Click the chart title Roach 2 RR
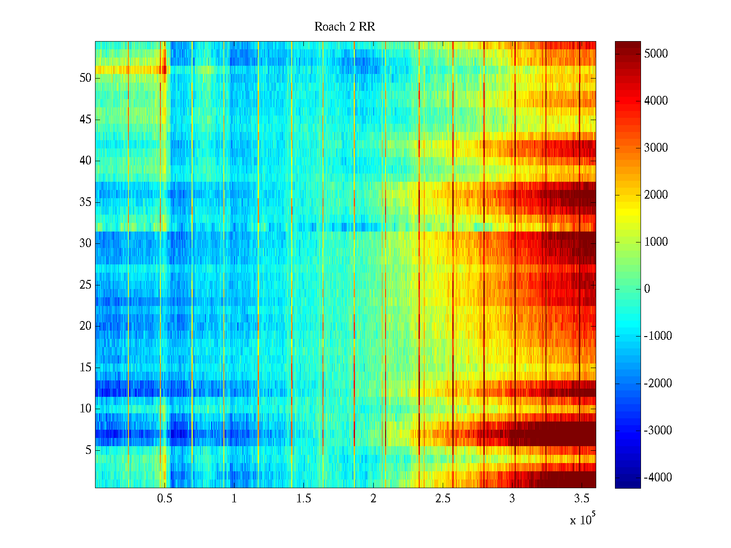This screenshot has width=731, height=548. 344,27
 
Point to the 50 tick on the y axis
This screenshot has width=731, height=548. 85,78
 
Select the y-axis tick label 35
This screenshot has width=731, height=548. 85,202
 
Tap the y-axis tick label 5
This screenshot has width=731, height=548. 88,450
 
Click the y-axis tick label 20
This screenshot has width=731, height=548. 85,326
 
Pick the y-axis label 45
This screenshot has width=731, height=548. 85,120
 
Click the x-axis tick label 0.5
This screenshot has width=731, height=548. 164,499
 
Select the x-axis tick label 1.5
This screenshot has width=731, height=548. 304,499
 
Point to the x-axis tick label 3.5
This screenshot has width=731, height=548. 582,499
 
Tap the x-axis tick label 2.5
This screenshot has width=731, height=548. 443,499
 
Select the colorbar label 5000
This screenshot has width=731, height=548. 656,54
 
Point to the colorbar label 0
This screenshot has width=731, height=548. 647,289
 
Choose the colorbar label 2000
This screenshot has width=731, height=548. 656,195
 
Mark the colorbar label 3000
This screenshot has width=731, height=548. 656,148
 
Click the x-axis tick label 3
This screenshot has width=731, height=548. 512,499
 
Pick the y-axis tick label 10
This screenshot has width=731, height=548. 85,409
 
